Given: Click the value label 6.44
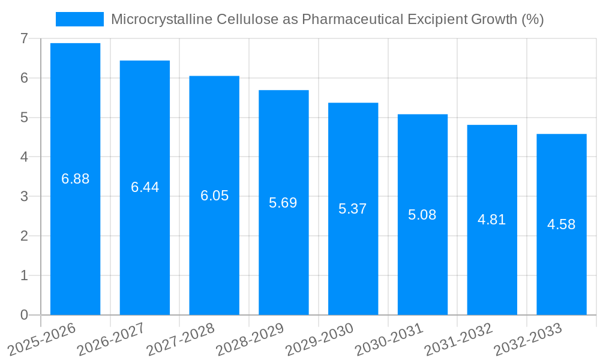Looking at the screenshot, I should [145, 187].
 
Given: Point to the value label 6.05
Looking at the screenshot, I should [215, 196].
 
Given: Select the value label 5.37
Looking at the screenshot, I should [353, 209].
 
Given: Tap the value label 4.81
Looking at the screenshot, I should [492, 220].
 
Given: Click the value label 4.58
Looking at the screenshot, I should [562, 224].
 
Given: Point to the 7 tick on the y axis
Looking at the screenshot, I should [24, 38].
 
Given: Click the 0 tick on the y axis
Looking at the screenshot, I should [24, 315].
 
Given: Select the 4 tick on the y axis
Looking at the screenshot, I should [24, 157].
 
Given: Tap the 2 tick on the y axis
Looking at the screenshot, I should [24, 236].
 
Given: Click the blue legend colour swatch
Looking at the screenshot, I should [79, 19].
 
